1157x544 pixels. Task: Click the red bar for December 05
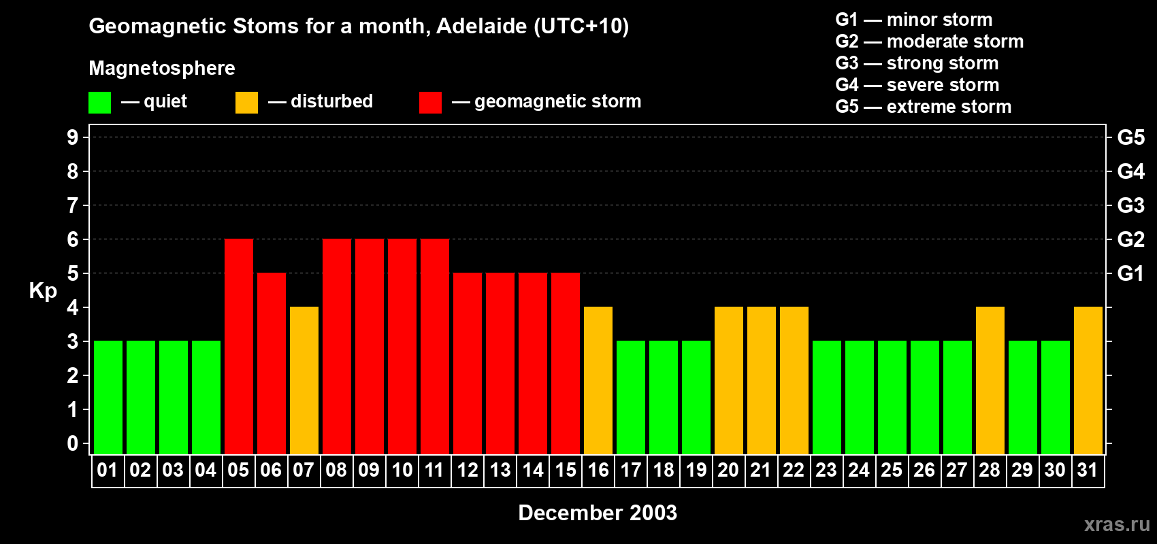(x=239, y=347)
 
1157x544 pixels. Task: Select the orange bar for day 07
(x=304, y=381)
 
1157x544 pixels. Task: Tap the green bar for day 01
(x=108, y=398)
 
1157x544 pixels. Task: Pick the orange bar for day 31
(x=1088, y=381)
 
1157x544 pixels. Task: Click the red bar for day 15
(x=566, y=364)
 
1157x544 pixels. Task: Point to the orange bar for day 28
(x=990, y=381)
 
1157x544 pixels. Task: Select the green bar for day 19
(x=696, y=398)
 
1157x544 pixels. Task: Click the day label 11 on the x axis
(x=434, y=470)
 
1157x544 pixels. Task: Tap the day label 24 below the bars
(x=859, y=470)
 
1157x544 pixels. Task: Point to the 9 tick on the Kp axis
(x=73, y=137)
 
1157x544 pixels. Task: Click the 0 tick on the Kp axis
(x=73, y=443)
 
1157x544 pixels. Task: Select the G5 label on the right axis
(x=1130, y=137)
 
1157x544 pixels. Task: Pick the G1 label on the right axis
(x=1130, y=273)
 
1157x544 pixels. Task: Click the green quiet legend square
(x=100, y=103)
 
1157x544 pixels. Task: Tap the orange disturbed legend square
(x=246, y=103)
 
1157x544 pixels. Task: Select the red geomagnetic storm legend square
(x=430, y=103)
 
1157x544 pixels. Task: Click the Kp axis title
(x=43, y=290)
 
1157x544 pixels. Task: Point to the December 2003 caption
(x=598, y=513)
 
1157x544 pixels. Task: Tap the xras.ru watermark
(x=1117, y=524)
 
